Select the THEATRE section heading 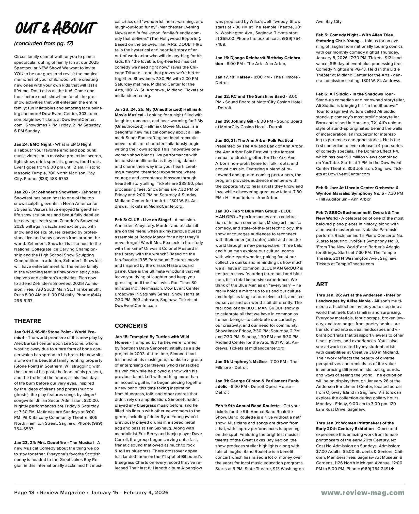coord(27,321)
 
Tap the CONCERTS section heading coord(131,326)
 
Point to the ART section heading coord(322,284)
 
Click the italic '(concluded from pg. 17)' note coord(44,43)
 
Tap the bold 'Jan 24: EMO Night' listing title coord(33,144)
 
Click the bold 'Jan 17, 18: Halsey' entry coord(233,77)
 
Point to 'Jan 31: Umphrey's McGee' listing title coord(241,361)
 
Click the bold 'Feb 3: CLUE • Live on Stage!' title coord(143,220)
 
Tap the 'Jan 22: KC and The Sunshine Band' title coord(250,96)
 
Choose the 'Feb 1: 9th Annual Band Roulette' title coord(247,406)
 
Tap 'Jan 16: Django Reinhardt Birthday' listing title coord(258,58)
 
